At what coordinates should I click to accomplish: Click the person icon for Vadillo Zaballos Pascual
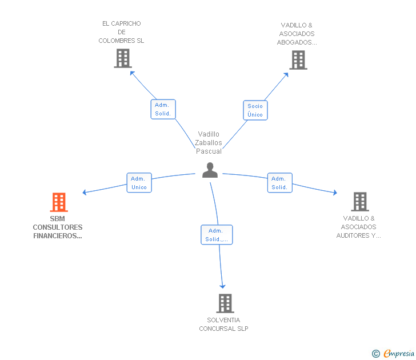click(x=210, y=170)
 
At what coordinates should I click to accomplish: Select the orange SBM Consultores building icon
click(x=59, y=202)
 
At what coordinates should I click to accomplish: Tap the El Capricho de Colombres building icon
click(x=123, y=58)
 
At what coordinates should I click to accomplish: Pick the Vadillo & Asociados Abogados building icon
click(x=298, y=60)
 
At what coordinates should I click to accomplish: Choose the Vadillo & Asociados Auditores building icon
click(x=359, y=202)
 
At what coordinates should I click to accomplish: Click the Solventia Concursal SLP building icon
click(x=225, y=303)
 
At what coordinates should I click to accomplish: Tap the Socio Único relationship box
click(x=255, y=110)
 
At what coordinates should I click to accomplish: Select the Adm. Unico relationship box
click(x=139, y=183)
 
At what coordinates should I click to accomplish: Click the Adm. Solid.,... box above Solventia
click(x=217, y=235)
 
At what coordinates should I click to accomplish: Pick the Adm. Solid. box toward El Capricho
click(x=163, y=109)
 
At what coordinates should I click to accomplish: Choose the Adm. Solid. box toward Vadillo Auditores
click(x=279, y=183)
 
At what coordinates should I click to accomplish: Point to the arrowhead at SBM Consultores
click(x=85, y=193)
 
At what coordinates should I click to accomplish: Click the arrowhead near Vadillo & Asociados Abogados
click(x=287, y=74)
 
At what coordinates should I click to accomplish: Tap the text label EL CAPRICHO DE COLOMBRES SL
click(x=121, y=32)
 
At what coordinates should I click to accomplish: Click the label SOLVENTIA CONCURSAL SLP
click(x=223, y=324)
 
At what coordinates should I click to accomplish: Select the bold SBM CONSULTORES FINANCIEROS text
click(x=58, y=227)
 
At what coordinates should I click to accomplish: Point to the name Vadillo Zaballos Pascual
click(x=209, y=142)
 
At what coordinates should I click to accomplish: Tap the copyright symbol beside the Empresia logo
click(x=375, y=354)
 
